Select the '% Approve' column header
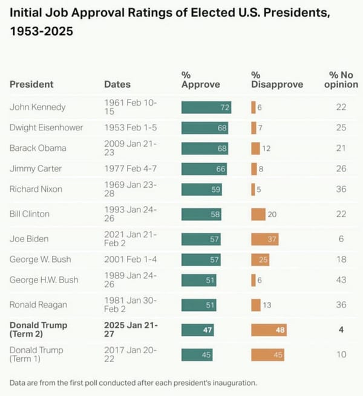click(200, 80)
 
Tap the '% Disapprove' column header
click(276, 80)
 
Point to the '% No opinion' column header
click(341, 80)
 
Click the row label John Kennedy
click(38, 107)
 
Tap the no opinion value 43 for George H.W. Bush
click(341, 280)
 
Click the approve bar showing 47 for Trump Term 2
click(197, 330)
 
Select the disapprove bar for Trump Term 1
click(267, 355)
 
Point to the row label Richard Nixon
click(37, 189)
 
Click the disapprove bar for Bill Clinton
click(258, 214)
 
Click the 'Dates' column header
click(117, 85)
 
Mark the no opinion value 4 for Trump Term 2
click(341, 330)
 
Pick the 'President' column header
click(31, 85)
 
